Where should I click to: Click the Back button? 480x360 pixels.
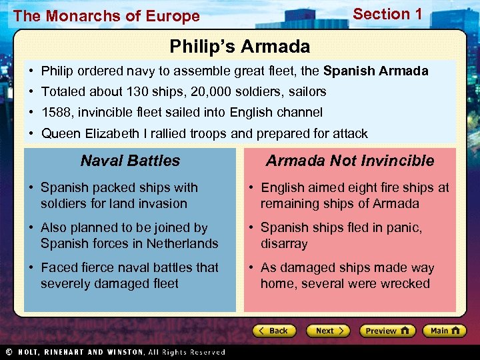273,331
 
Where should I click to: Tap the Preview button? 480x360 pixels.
387,331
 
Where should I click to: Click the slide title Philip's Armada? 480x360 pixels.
239,47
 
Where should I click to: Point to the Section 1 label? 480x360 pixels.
387,14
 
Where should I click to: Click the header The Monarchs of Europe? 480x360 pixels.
106,16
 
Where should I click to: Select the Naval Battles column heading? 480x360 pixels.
130,161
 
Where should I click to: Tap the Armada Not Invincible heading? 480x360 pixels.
349,161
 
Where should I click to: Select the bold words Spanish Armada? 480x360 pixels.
375,71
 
